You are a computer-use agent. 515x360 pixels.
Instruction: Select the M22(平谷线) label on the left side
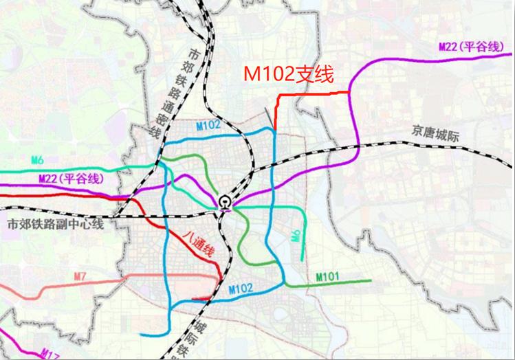(x=69, y=179)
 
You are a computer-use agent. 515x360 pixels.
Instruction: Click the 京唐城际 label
(x=435, y=128)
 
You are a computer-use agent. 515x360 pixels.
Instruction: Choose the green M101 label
(x=329, y=276)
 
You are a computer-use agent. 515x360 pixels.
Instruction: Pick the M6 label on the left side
(x=38, y=161)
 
